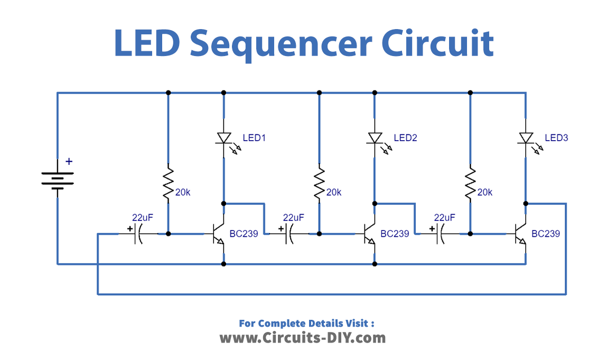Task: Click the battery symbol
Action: click(x=57, y=179)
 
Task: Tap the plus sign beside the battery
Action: click(x=68, y=162)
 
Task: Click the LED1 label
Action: click(x=254, y=138)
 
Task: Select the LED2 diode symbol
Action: click(x=375, y=138)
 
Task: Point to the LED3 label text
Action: click(x=556, y=138)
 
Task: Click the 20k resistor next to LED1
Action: click(x=168, y=183)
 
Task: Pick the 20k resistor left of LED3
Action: click(x=470, y=183)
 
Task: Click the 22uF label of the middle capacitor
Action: click(x=293, y=217)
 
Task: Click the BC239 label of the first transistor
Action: click(x=244, y=233)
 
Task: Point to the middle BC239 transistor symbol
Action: click(x=370, y=233)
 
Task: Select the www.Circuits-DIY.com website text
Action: click(x=303, y=337)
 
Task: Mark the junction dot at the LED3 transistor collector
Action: click(x=526, y=203)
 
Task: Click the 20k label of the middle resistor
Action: click(x=334, y=192)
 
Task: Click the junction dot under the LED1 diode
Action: click(x=224, y=203)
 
